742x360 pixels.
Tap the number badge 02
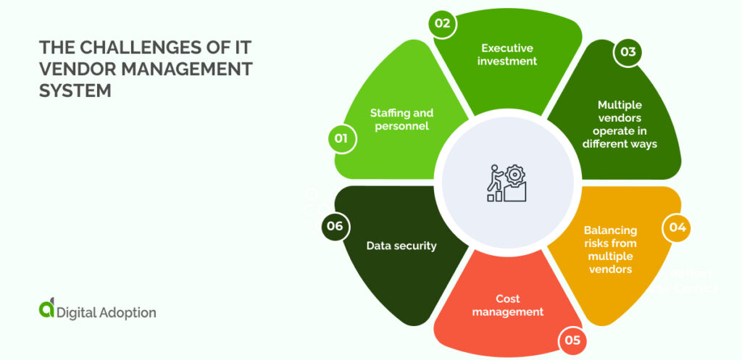click(x=441, y=23)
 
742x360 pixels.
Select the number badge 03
click(x=628, y=52)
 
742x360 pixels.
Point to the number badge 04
click(x=677, y=227)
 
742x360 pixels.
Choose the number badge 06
click(x=335, y=226)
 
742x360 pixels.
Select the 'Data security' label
click(x=401, y=246)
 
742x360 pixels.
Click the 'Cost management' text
click(x=508, y=306)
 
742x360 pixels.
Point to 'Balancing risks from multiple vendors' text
click(x=610, y=249)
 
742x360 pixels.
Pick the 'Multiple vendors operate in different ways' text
click(x=620, y=124)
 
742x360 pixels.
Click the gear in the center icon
click(x=515, y=175)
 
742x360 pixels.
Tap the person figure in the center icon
click(x=496, y=180)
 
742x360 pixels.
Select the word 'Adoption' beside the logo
click(x=126, y=313)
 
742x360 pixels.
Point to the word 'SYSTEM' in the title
click(x=75, y=91)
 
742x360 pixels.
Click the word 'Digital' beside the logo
click(x=76, y=313)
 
